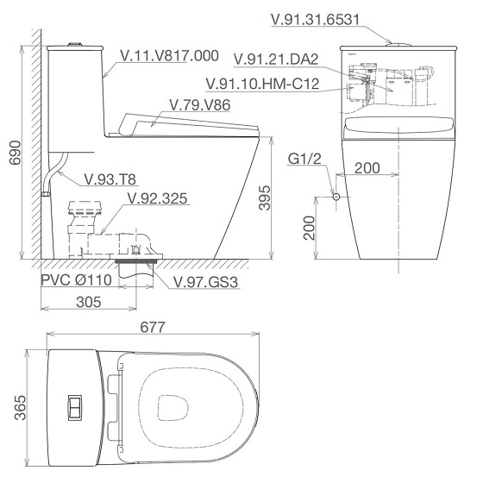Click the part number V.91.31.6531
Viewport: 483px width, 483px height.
(316, 19)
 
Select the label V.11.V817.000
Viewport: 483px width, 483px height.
(169, 56)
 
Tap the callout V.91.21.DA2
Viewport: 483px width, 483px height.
(276, 60)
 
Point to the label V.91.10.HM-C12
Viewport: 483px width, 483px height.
(262, 84)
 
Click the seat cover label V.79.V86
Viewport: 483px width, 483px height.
(200, 105)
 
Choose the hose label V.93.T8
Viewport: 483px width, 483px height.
(110, 179)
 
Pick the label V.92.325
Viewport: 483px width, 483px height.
(157, 198)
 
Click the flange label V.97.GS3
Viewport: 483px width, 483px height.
(205, 282)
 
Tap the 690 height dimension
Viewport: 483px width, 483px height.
(15, 153)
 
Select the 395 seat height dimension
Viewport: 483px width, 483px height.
(264, 198)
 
